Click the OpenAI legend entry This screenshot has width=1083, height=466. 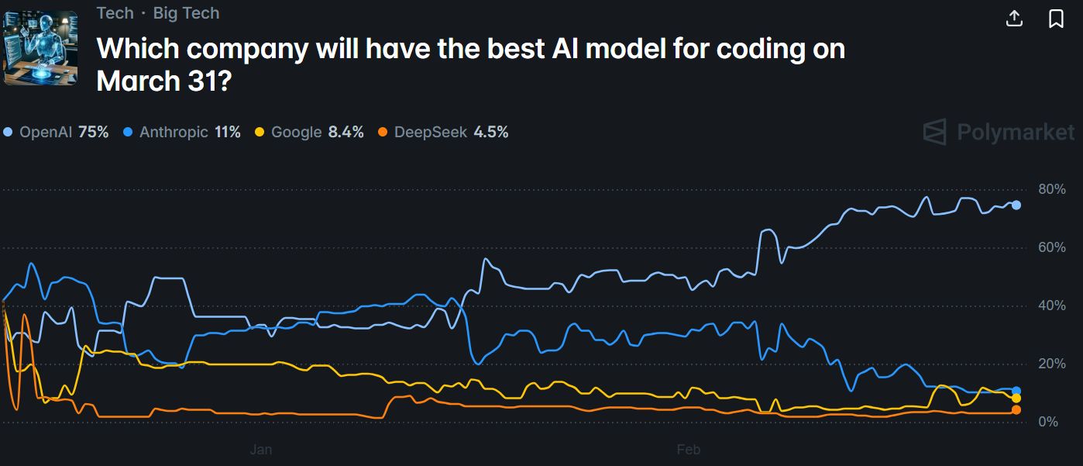56,133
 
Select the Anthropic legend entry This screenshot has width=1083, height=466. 182,133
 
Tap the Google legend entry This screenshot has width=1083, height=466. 309,133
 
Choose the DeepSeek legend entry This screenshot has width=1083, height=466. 443,133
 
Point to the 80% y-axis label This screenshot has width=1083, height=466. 1052,189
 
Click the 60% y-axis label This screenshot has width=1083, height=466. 1052,247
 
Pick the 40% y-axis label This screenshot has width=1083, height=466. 1052,305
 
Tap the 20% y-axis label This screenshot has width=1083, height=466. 1052,364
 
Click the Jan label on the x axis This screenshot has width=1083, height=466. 261,450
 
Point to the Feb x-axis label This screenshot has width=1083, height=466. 688,450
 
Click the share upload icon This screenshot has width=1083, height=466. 1014,19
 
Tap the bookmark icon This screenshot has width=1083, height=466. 1056,19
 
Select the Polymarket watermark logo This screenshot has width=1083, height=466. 999,132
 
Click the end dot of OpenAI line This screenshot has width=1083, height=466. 1016,205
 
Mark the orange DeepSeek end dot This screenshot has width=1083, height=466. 1016,409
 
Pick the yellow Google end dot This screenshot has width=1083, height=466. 1016,399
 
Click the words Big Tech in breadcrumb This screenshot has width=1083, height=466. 186,13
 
